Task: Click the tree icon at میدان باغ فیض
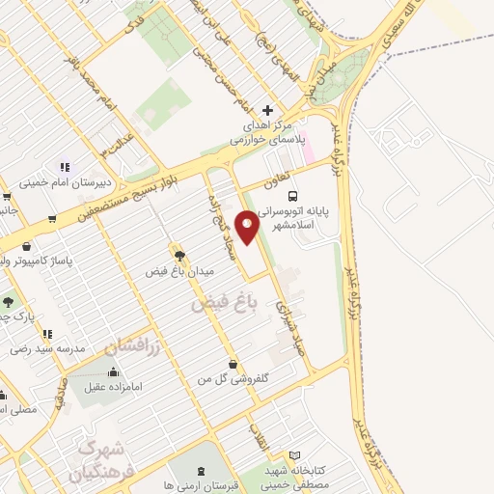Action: point(177,255)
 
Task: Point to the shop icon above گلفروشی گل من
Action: point(233,364)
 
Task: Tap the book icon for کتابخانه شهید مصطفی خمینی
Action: point(295,455)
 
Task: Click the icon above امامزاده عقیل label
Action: point(114,372)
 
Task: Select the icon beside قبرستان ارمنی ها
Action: point(200,471)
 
